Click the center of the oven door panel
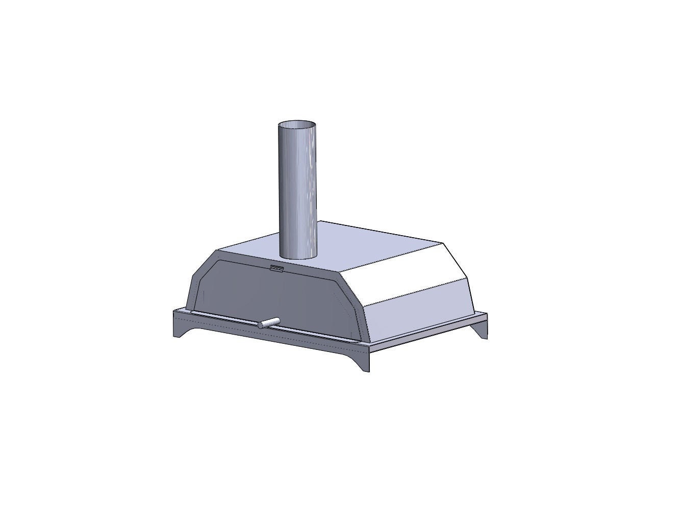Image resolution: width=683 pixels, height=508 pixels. [x=275, y=296]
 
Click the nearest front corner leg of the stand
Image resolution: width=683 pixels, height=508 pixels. [x=363, y=360]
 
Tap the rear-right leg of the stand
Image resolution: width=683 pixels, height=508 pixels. [x=481, y=329]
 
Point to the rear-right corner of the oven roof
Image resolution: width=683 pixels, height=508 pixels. [x=442, y=243]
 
